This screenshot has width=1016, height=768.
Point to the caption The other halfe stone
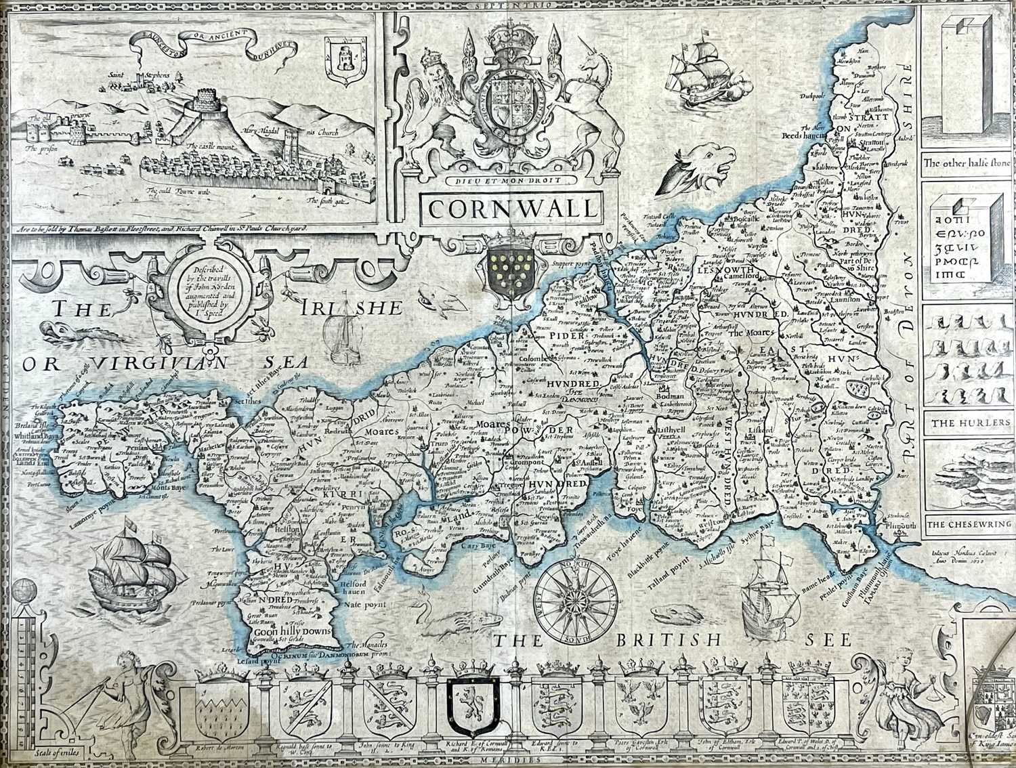click(967, 163)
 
